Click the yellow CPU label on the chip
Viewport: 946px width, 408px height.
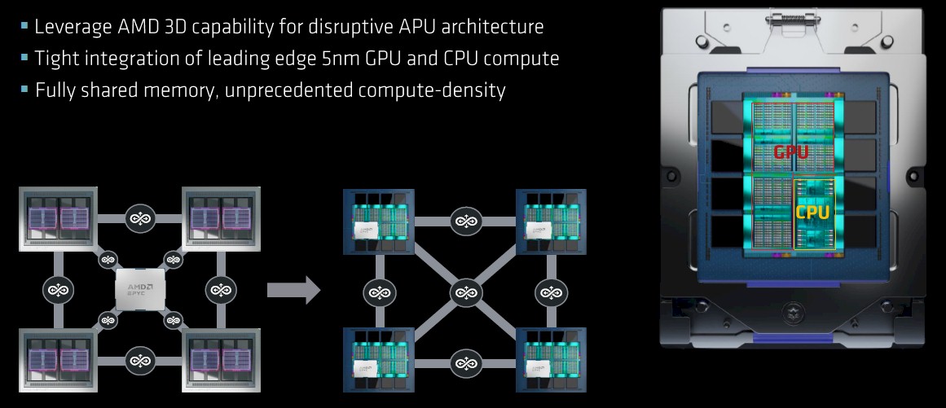[x=812, y=213]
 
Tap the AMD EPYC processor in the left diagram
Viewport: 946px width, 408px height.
[x=140, y=288]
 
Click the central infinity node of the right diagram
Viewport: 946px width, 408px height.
[x=465, y=291]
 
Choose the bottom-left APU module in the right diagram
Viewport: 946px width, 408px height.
[x=379, y=362]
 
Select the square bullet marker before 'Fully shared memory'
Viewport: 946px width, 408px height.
[x=24, y=89]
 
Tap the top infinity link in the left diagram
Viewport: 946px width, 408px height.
[x=140, y=217]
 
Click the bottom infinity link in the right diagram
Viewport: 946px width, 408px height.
[x=465, y=362]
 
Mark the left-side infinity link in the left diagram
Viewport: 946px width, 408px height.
[x=60, y=289]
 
